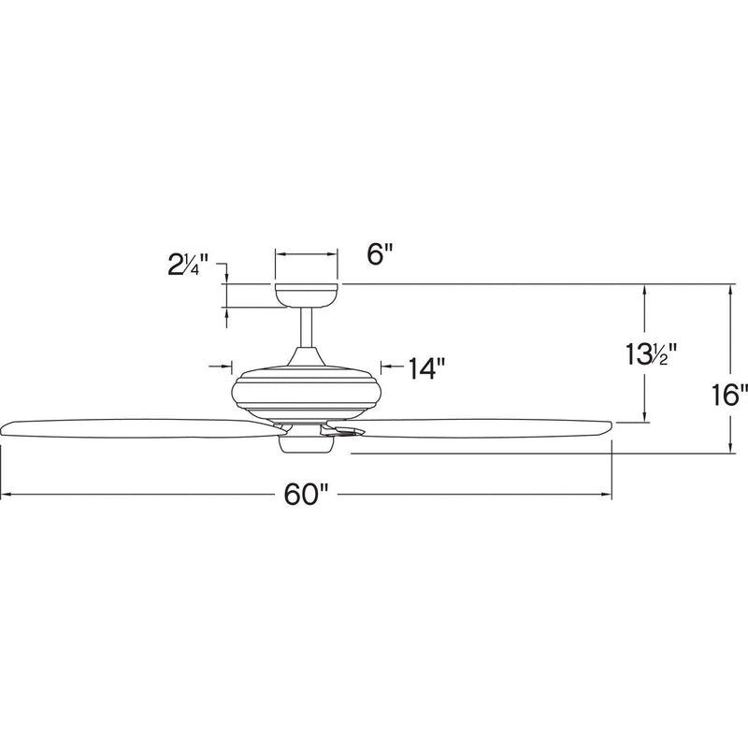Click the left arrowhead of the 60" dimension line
coord(6,495)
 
